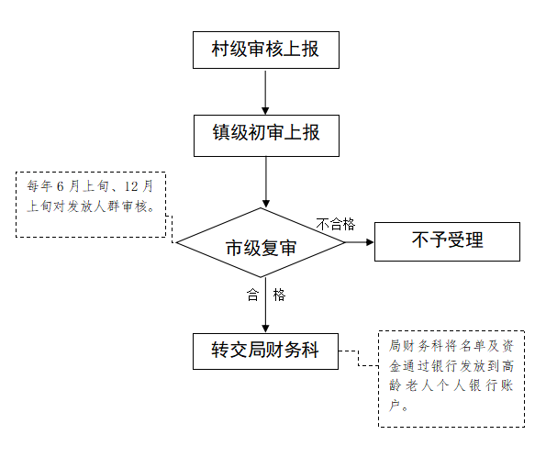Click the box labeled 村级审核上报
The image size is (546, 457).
[x=266, y=50]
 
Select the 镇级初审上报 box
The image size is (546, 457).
[x=266, y=136]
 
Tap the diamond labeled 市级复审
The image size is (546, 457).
[x=261, y=243]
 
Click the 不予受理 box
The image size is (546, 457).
[x=447, y=241]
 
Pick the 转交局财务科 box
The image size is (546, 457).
[x=265, y=351]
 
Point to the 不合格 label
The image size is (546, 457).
[x=336, y=224]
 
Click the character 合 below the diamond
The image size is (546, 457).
[x=252, y=295]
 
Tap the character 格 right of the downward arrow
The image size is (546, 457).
[x=279, y=295]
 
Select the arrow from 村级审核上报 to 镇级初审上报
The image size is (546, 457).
[x=266, y=92]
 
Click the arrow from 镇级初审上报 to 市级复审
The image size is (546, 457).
[x=266, y=183]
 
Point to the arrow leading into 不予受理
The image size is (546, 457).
[x=360, y=242]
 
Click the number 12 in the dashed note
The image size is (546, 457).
[x=131, y=186]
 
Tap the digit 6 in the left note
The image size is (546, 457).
[x=61, y=186]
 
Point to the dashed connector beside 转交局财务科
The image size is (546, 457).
[x=358, y=359]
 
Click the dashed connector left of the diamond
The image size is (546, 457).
[x=171, y=228]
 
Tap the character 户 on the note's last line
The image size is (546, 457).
[x=395, y=406]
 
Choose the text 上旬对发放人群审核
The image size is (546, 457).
[x=87, y=206]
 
